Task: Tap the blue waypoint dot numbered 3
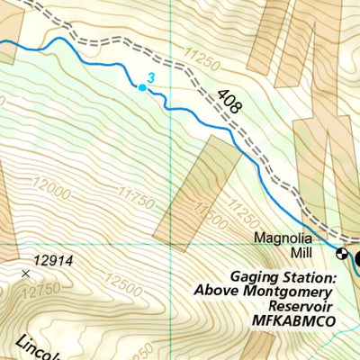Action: coord(141,87)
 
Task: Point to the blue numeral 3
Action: coord(152,79)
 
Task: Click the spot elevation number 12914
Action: coord(53,261)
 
